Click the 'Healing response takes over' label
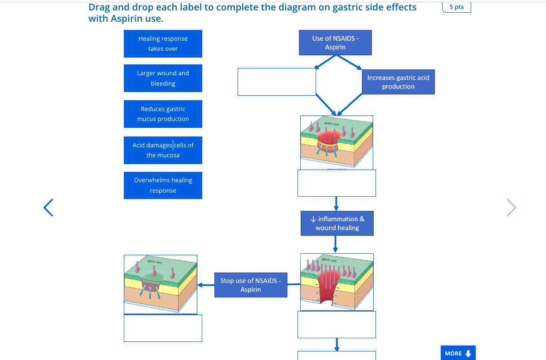[x=163, y=44]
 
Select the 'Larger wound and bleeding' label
[x=163, y=78]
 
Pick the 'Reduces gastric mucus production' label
[x=163, y=114]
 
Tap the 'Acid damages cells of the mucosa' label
[x=163, y=150]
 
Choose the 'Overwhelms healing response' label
[x=163, y=185]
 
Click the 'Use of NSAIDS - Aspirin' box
[x=335, y=43]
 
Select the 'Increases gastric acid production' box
[x=398, y=82]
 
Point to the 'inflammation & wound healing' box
[x=337, y=223]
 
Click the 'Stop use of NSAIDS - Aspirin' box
[x=250, y=285]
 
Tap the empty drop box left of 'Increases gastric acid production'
[x=277, y=82]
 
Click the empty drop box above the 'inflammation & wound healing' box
[x=336, y=183]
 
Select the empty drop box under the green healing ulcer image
[x=163, y=328]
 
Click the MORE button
[x=458, y=353]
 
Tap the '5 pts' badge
[x=456, y=7]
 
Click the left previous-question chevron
[x=49, y=207]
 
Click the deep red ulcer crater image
[x=337, y=282]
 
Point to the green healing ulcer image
[x=161, y=284]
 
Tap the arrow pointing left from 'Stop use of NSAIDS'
[x=205, y=285]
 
